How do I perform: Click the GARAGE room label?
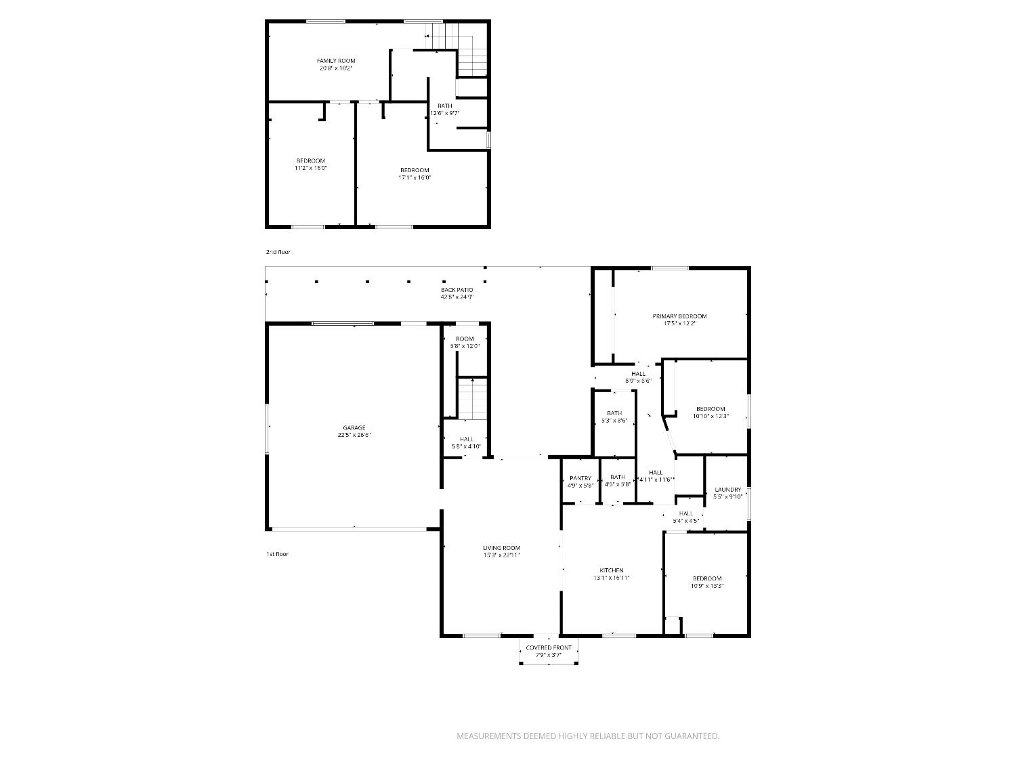(354, 427)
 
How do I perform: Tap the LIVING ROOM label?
(501, 548)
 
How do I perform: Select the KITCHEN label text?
(611, 570)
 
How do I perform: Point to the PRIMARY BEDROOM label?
(679, 316)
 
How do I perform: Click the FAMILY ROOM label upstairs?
(336, 61)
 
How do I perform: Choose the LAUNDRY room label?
(727, 490)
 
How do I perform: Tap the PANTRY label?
(580, 478)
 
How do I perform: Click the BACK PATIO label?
(457, 290)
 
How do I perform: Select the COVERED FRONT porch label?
(549, 648)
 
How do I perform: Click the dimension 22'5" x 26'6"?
(354, 436)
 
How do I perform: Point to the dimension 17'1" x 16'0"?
(414, 178)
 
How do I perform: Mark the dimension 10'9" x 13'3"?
(707, 586)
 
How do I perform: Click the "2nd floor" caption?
(278, 252)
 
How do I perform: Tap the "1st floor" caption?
(277, 554)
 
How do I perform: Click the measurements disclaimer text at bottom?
(588, 736)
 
